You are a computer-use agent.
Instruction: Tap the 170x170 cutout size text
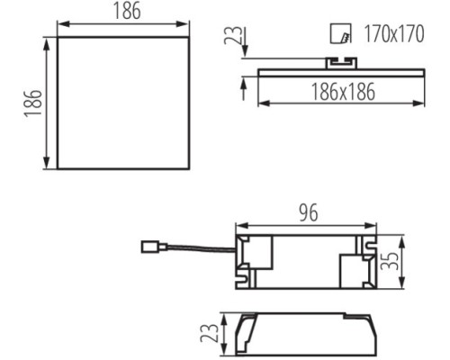(394, 33)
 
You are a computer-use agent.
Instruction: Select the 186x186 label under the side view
(343, 92)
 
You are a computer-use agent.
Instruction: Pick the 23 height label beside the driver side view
(209, 333)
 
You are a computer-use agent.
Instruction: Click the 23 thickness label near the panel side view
(233, 35)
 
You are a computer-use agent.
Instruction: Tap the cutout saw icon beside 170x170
(340, 33)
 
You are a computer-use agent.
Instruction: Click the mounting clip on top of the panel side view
(342, 63)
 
